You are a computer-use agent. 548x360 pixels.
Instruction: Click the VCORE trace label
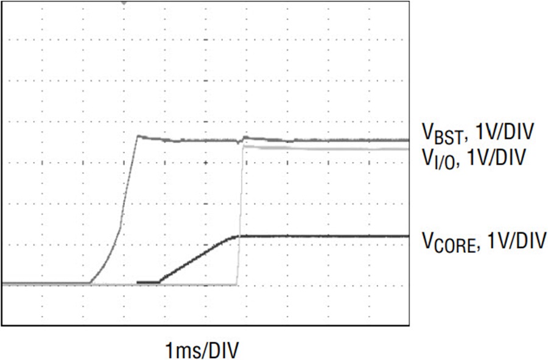(449, 241)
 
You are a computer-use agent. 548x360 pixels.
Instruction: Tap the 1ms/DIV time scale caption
(202, 350)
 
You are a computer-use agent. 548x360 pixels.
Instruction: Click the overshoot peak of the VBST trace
(138, 136)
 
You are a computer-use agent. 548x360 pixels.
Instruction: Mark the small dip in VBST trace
(239, 143)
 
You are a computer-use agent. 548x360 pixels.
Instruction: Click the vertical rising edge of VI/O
(240, 216)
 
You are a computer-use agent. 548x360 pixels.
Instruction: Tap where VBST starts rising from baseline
(91, 283)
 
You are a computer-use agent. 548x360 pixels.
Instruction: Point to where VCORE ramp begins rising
(160, 281)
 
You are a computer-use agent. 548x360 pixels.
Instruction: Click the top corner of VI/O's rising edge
(243, 147)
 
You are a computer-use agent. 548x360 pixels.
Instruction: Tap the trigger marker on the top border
(124, 3)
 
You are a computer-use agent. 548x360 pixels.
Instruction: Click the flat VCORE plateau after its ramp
(323, 236)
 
